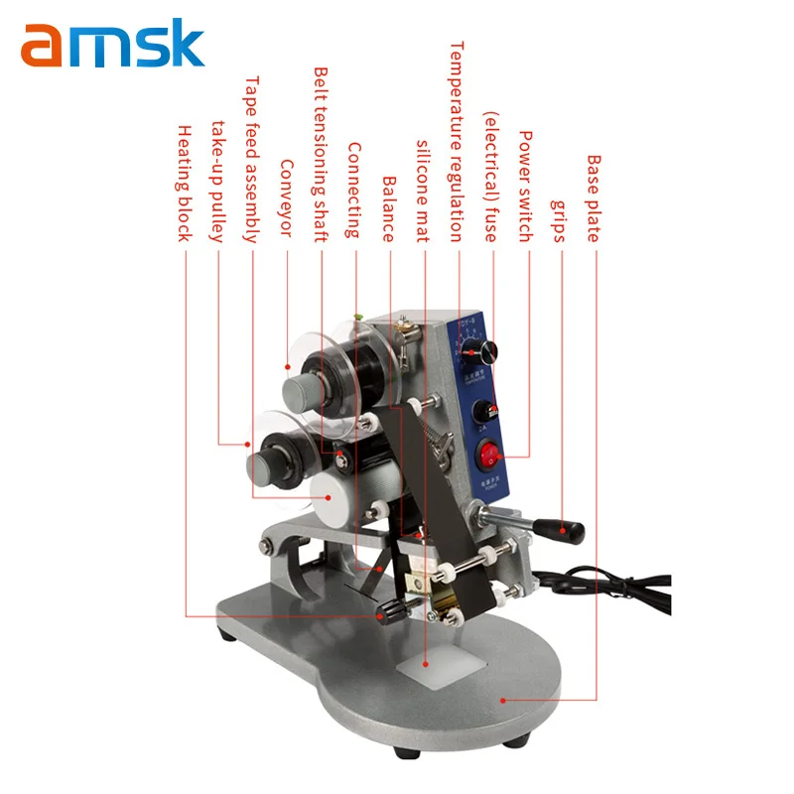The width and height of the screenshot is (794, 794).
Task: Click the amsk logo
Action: [x=112, y=46]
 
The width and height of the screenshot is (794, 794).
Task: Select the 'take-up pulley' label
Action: [x=218, y=183]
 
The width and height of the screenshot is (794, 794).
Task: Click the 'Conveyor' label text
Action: [x=287, y=198]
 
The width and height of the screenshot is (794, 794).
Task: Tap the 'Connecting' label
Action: [x=354, y=190]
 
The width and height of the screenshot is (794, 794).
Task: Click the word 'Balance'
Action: [x=388, y=209]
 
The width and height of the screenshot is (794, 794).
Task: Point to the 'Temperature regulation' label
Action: [x=457, y=141]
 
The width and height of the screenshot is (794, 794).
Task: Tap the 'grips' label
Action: [x=560, y=217]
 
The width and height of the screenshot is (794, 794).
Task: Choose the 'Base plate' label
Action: [x=594, y=198]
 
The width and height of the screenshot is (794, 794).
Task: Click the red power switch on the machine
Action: [x=487, y=455]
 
